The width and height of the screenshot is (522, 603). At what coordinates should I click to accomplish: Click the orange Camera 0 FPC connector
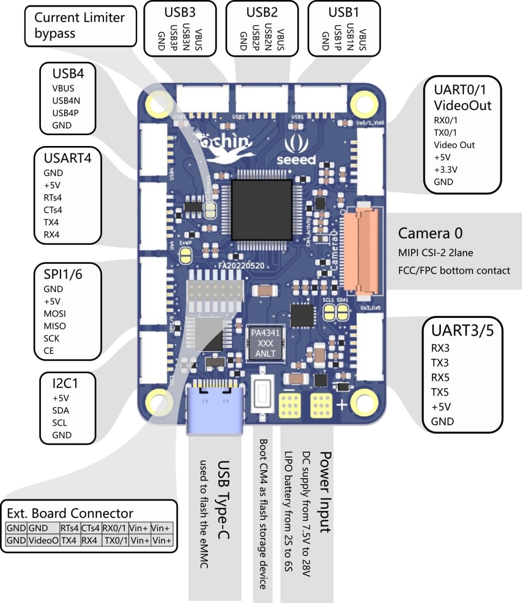361,250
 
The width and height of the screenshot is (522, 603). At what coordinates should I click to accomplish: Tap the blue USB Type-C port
216,409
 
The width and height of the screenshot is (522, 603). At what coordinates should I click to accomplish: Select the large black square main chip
262,207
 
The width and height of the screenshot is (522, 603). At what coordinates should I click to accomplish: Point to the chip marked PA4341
265,343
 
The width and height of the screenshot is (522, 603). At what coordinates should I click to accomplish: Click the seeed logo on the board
296,152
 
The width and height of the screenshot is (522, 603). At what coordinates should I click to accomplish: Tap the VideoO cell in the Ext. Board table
43,540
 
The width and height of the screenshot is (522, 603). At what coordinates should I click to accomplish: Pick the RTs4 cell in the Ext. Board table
70,528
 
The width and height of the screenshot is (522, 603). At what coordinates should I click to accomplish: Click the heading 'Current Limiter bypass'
79,25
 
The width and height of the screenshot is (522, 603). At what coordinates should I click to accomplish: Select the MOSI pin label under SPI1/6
55,314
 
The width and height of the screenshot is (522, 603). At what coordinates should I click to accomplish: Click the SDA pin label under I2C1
60,410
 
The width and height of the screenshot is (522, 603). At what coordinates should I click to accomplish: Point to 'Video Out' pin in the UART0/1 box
454,145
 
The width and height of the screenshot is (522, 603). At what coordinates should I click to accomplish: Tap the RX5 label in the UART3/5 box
440,377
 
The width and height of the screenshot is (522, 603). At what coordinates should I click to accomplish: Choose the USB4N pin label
66,100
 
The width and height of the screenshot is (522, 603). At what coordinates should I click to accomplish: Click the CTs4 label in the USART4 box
53,210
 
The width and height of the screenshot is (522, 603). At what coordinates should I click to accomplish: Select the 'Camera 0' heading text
430,233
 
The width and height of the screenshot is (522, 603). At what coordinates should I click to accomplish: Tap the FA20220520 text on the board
241,266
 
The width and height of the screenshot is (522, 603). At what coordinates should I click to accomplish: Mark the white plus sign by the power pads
341,405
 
